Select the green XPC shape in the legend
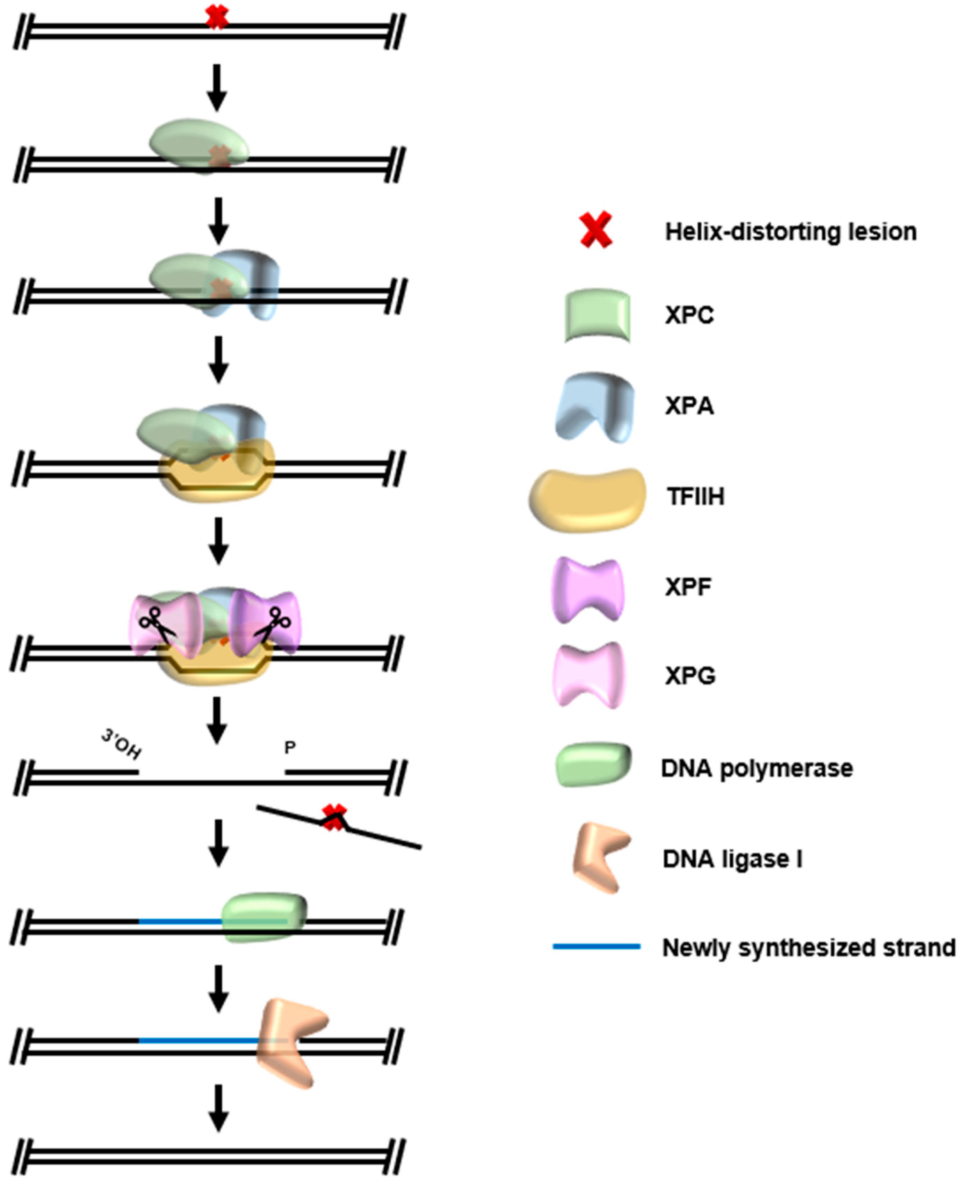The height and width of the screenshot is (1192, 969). point(597,315)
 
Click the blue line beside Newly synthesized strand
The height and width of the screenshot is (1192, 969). point(596,946)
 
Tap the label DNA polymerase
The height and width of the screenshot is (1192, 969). point(756,769)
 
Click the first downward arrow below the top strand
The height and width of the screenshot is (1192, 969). point(217,88)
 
